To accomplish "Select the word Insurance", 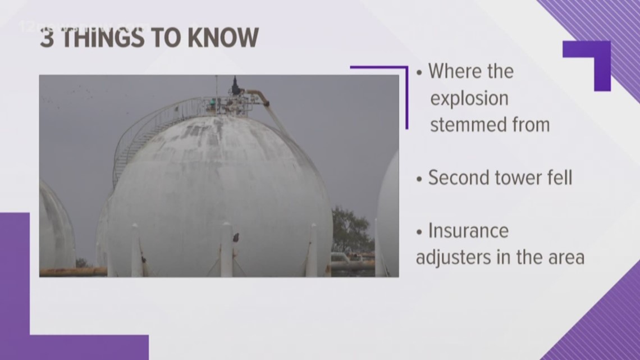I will [468, 230].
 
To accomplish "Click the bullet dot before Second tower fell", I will [419, 179].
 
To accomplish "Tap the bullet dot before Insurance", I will [419, 232].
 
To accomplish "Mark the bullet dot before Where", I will [419, 73].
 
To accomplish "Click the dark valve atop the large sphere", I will [236, 86].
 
